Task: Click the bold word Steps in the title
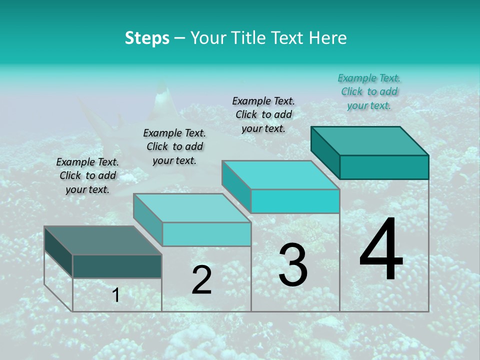point(147,38)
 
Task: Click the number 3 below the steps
point(292,265)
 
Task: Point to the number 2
point(201,280)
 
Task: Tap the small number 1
point(116,295)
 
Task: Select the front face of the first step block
point(117,266)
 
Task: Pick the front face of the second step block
point(206,234)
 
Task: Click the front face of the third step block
point(295,201)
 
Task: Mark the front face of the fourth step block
point(384,167)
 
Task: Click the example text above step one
point(87,175)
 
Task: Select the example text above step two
point(174,146)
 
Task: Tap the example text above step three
point(263,114)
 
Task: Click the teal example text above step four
point(369,91)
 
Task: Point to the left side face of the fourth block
point(325,152)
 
